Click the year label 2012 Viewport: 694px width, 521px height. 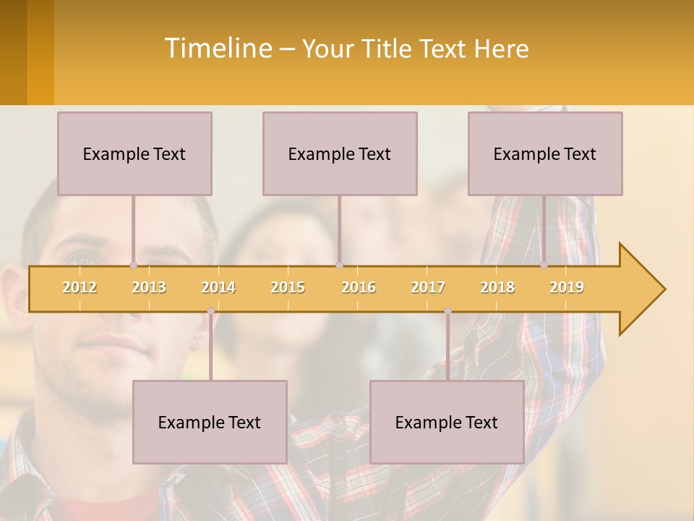(x=80, y=288)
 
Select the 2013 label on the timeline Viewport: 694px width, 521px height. (x=149, y=288)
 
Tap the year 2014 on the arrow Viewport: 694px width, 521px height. (x=218, y=288)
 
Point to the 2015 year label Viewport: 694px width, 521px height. (x=288, y=288)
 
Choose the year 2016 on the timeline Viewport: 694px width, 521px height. (x=359, y=288)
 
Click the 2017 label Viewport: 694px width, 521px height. (x=428, y=288)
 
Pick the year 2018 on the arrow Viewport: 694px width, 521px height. (x=497, y=288)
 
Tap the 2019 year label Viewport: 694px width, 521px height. (x=567, y=288)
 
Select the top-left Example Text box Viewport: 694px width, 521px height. (x=134, y=153)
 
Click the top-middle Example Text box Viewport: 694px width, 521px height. (x=340, y=153)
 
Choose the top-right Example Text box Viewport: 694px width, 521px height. (x=545, y=153)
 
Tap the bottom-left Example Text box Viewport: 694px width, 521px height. (x=210, y=422)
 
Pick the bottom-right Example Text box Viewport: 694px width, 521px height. (x=447, y=422)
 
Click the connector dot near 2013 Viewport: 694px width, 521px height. (x=133, y=266)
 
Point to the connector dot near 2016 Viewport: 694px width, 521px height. (x=340, y=266)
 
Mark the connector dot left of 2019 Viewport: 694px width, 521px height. (x=544, y=266)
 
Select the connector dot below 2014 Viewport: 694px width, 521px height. (x=211, y=311)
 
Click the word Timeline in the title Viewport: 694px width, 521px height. (x=217, y=48)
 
